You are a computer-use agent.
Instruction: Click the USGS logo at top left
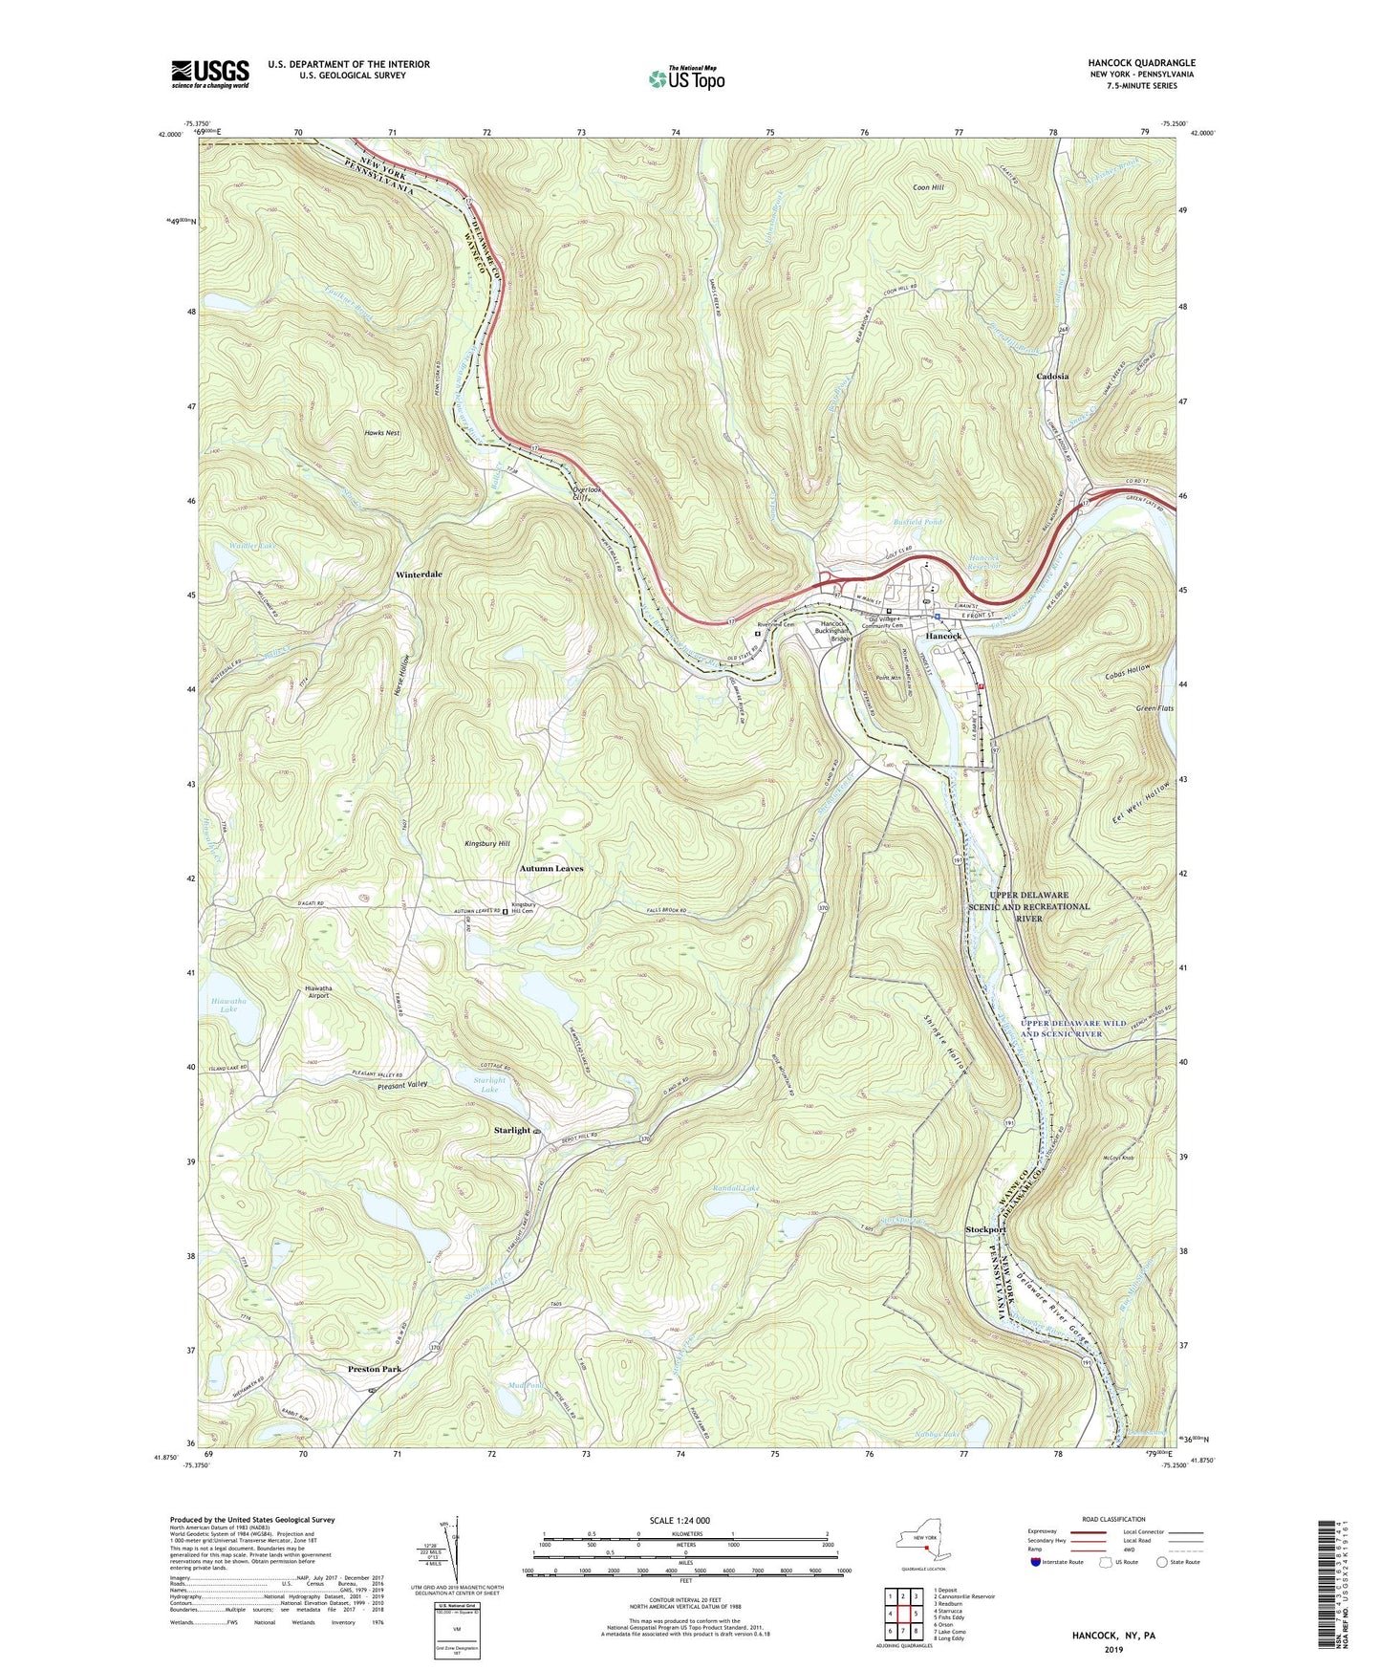[x=209, y=74]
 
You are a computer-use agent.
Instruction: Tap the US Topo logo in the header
[x=685, y=78]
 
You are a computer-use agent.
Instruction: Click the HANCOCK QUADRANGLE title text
[x=1141, y=63]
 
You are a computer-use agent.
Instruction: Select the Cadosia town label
[x=1052, y=377]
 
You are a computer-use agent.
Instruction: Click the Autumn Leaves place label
[x=550, y=868]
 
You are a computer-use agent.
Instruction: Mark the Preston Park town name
[x=375, y=1369]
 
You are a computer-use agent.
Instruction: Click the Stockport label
[x=986, y=1229]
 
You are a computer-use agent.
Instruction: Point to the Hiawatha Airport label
[x=316, y=990]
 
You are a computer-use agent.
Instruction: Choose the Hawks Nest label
[x=381, y=433]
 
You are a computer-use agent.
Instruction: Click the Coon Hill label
[x=928, y=187]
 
